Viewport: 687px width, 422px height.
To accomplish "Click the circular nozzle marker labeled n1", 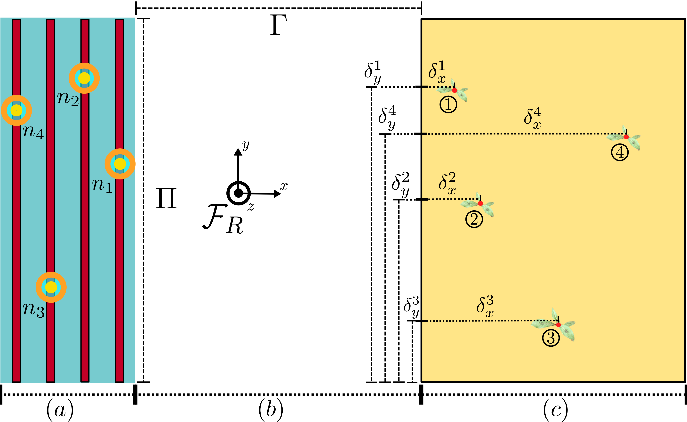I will [120, 164].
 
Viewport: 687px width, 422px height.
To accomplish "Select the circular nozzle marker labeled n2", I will [84, 78].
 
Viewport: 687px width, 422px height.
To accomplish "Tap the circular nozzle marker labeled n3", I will [51, 287].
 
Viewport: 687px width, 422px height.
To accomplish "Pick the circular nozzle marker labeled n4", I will [16, 110].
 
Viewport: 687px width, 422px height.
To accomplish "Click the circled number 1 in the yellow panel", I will [448, 105].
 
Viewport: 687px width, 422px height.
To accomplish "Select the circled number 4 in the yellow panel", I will [620, 153].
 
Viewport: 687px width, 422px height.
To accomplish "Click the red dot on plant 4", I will [626, 137].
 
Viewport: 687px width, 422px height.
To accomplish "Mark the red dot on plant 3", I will [558, 325].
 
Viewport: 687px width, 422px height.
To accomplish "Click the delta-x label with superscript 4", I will [533, 118].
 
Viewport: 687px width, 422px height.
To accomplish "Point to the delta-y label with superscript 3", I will [411, 307].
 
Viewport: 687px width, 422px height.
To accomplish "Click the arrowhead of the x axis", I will [277, 194].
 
